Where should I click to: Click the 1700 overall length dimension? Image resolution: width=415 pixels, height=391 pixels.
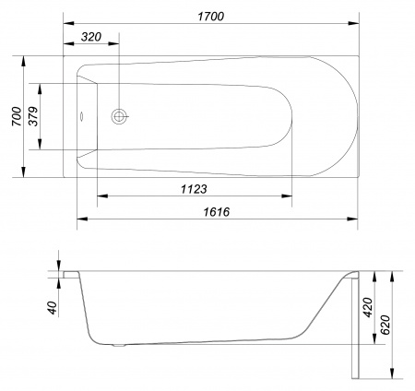210,15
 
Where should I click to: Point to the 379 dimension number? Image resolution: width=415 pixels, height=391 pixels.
34,116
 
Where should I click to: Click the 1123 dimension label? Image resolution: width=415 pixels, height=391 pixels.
189,189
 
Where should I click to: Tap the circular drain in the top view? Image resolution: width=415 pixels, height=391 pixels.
118,116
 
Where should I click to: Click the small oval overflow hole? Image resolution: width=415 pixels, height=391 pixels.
80,117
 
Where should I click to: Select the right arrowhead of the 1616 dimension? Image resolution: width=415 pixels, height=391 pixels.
355,219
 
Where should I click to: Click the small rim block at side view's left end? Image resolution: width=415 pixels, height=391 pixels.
69,274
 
